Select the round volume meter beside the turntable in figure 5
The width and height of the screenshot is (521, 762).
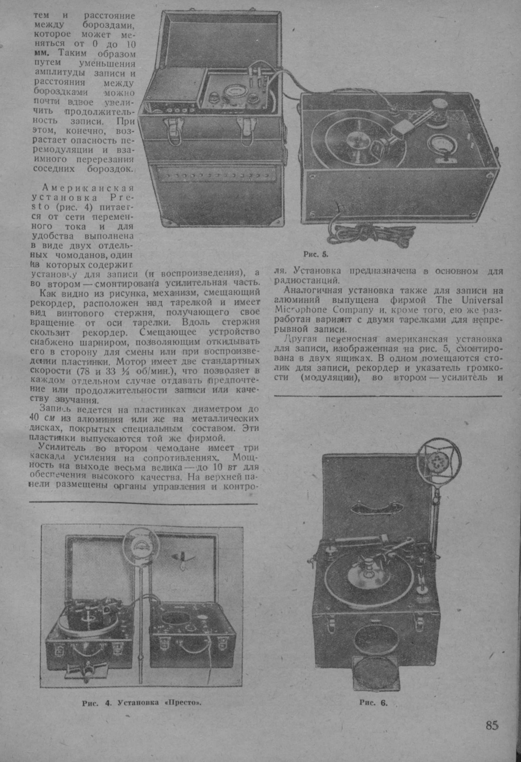click(x=440, y=143)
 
